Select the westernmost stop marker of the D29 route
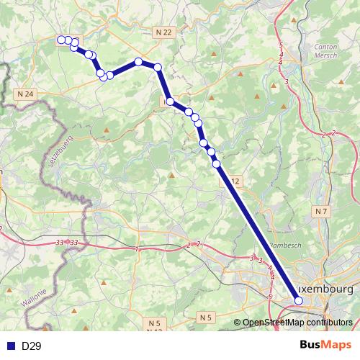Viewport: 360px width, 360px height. (61, 40)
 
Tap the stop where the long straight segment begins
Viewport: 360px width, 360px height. (216, 164)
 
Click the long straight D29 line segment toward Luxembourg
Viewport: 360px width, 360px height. (258, 237)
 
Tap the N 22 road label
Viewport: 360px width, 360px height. (164, 32)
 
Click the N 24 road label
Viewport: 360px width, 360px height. (25, 94)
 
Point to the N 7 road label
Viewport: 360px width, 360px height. (321, 211)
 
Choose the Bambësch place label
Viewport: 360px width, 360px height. (282, 246)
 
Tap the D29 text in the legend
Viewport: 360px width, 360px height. (31, 346)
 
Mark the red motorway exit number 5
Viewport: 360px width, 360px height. (270, 297)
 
